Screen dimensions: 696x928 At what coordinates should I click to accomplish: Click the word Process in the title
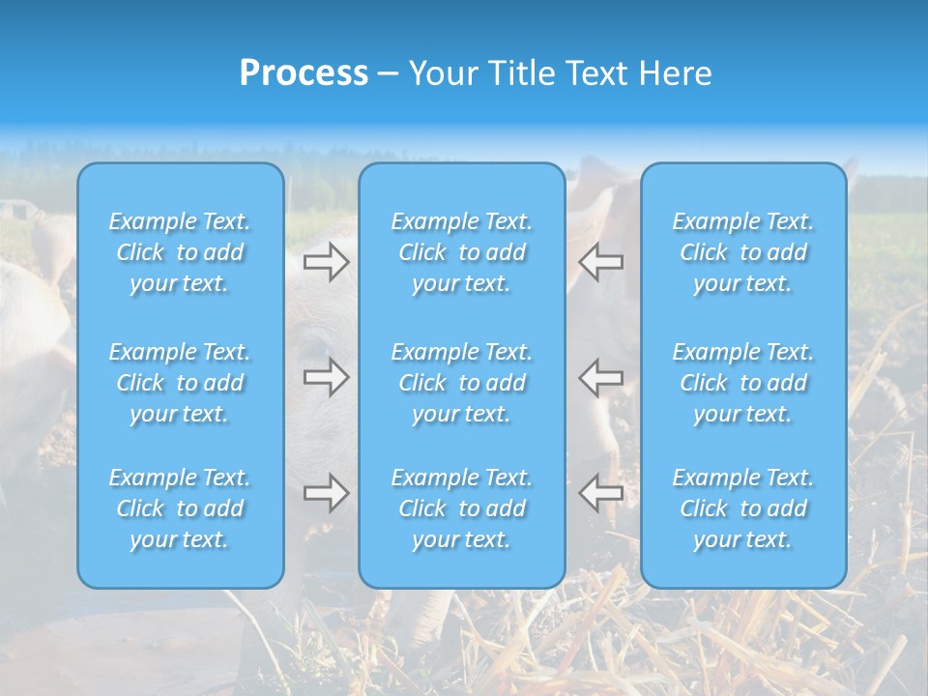pos(304,73)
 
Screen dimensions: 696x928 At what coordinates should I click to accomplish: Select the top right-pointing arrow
pos(326,262)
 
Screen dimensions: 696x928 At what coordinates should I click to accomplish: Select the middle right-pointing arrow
pos(326,377)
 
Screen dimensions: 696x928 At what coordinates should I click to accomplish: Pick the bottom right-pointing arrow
pos(326,493)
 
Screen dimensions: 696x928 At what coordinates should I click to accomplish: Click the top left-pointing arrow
pos(601,262)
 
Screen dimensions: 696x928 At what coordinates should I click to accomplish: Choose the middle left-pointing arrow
pos(601,377)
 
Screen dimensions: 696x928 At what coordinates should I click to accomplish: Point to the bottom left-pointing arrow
pos(601,493)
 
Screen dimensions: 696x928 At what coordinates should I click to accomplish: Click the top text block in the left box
pos(180,252)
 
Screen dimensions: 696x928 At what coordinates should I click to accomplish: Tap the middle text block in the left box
pos(180,383)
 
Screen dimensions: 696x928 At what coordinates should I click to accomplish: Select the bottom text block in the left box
pos(180,508)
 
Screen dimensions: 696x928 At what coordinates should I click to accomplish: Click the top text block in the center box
pos(462,252)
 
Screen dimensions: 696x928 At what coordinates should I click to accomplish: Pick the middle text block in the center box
pos(462,383)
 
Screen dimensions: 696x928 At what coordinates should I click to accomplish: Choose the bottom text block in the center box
pos(462,508)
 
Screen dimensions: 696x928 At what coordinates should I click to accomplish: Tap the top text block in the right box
pos(743,252)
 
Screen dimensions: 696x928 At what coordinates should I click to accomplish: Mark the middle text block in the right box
pos(743,383)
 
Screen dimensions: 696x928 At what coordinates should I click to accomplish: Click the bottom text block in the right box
pos(743,508)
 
